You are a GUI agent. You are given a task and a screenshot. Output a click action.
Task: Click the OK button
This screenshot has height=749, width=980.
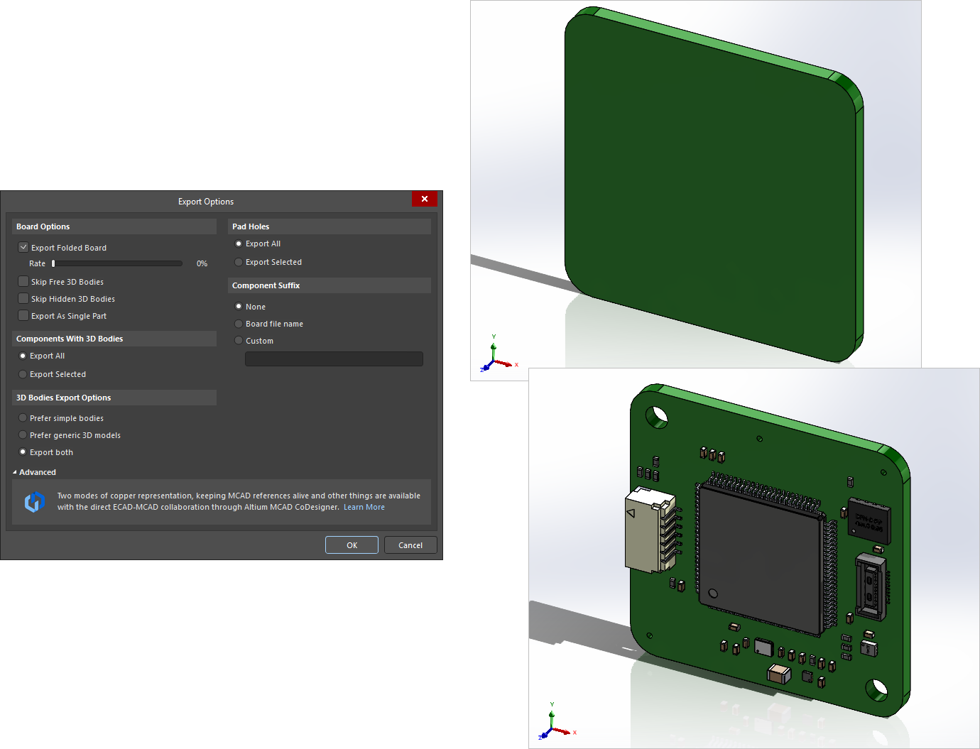click(x=352, y=545)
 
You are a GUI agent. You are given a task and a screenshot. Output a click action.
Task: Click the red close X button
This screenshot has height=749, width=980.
click(x=424, y=199)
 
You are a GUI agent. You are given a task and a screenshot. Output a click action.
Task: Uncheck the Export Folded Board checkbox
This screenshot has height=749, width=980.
click(x=23, y=247)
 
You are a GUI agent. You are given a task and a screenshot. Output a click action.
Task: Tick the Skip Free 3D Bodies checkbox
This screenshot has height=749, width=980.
click(x=23, y=281)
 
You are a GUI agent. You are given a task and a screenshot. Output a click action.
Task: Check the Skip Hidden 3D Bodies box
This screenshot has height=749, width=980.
click(x=23, y=298)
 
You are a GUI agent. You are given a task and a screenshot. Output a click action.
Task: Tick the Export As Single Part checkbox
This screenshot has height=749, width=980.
click(x=23, y=315)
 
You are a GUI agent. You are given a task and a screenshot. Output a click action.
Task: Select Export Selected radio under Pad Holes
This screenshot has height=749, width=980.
click(x=239, y=262)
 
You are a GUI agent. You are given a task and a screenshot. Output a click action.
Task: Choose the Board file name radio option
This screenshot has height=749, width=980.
click(x=239, y=324)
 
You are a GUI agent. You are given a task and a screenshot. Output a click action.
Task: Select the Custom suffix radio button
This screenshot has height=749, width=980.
click(x=239, y=341)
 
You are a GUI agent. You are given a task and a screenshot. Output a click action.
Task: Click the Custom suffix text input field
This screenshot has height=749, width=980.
click(x=334, y=359)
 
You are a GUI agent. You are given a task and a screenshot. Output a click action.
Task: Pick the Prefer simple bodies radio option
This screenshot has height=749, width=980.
click(x=23, y=418)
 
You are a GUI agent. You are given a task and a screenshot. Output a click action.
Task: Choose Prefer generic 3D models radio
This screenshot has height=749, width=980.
click(x=23, y=435)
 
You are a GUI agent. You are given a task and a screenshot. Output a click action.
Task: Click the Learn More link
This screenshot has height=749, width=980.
click(x=364, y=507)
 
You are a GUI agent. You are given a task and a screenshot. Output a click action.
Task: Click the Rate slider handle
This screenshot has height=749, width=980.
click(x=53, y=263)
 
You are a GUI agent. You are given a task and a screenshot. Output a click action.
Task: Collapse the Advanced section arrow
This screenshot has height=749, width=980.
click(x=15, y=472)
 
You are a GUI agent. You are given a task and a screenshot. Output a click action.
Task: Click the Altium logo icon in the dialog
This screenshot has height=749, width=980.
click(x=35, y=502)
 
